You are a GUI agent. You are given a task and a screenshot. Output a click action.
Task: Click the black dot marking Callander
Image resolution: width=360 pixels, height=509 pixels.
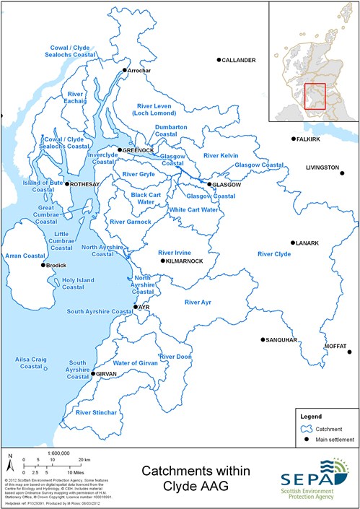tap(219, 61)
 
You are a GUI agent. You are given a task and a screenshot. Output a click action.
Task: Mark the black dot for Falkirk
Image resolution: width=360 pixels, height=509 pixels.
tap(293, 139)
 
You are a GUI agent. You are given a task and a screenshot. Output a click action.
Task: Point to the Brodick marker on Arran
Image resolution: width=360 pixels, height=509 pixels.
tap(44, 266)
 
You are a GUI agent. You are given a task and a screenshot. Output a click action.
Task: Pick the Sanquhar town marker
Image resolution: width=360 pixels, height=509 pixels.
tap(263, 339)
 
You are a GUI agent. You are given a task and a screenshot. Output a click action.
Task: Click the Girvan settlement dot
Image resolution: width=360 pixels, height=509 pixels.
tap(93, 374)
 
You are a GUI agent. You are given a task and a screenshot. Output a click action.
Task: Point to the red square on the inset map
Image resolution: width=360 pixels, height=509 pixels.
tap(315, 96)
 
